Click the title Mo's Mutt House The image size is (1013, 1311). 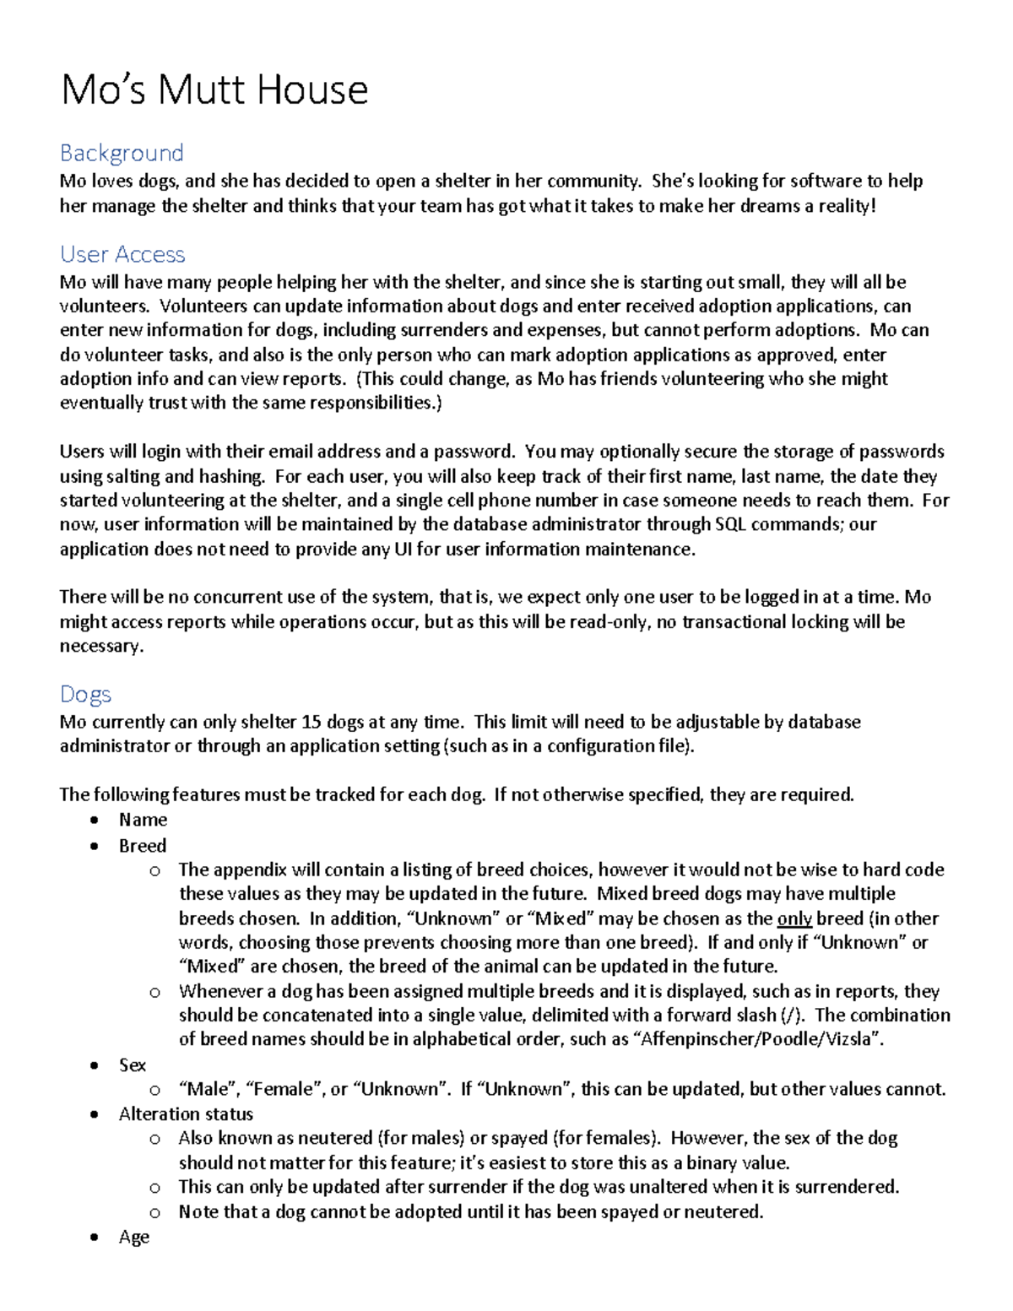click(214, 89)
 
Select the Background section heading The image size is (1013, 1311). click(122, 153)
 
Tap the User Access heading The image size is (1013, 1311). click(122, 254)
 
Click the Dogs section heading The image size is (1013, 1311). click(85, 694)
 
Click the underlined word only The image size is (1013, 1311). click(794, 918)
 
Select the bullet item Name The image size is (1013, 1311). click(143, 820)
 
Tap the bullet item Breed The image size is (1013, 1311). click(143, 845)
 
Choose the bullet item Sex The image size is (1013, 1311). click(133, 1065)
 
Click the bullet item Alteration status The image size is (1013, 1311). click(186, 1113)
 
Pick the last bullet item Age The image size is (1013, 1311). click(134, 1237)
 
